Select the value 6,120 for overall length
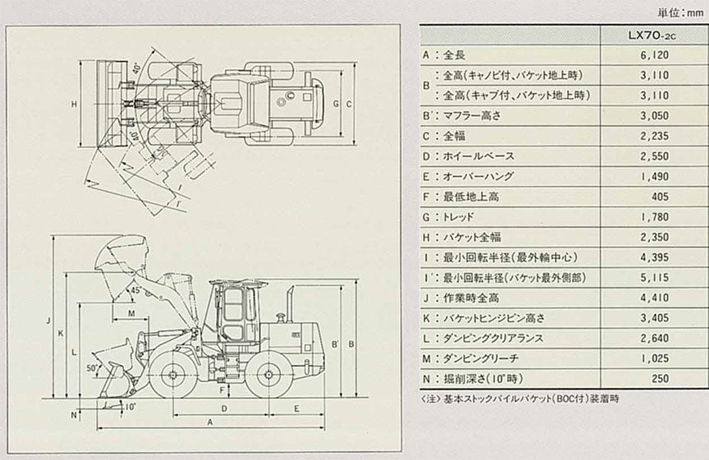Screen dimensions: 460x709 654,55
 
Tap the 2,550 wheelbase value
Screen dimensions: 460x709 654,155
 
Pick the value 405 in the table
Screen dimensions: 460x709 659,197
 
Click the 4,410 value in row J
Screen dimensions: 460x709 654,297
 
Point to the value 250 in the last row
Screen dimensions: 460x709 659,378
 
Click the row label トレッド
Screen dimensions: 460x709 458,217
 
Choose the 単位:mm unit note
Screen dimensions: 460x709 680,11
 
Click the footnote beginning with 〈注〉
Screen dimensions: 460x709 519,399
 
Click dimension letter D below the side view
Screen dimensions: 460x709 224,408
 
